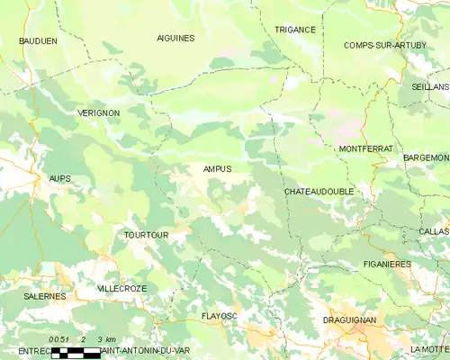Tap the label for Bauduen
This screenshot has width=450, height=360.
pos(38,41)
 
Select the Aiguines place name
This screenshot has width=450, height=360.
pos(175,39)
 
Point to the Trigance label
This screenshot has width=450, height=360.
pos(295,30)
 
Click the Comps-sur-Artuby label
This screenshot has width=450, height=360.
pos(385,45)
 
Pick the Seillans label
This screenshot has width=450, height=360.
pos(430,86)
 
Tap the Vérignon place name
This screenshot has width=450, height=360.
pos(94,112)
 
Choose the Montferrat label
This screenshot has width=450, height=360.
pos(364,148)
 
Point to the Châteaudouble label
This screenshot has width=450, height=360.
pos(318,193)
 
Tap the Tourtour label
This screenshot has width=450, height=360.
pos(146,235)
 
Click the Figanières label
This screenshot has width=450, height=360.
pos(388,264)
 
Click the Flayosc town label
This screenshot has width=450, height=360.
pos(220,316)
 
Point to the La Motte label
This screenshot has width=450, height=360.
pos(428,348)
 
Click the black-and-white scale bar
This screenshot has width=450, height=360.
pos(76,352)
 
